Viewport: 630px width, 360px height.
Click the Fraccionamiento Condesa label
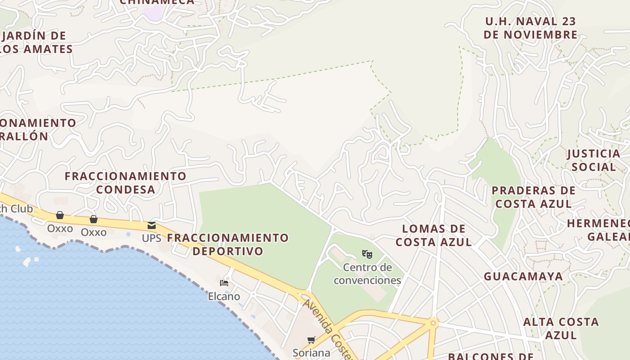(x=126, y=182)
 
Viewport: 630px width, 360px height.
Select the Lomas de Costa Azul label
(x=434, y=235)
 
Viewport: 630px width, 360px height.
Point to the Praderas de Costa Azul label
(x=534, y=197)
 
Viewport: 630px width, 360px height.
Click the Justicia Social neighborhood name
(x=594, y=160)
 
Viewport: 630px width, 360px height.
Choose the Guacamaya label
(x=523, y=276)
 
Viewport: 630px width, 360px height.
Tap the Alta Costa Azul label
(x=561, y=328)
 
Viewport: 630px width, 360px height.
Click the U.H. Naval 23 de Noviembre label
(x=531, y=28)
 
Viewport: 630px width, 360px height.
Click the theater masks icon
(x=367, y=254)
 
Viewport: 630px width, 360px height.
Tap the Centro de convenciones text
(x=367, y=274)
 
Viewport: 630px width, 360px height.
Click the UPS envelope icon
(x=152, y=225)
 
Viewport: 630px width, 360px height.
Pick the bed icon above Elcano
(x=224, y=283)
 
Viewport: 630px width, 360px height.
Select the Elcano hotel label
(x=224, y=297)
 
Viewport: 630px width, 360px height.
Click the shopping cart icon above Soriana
(x=311, y=340)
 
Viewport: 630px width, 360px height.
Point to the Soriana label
(x=311, y=352)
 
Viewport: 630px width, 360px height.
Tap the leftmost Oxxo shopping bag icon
(x=60, y=215)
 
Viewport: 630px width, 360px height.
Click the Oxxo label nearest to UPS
(x=94, y=232)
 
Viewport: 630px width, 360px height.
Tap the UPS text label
(x=152, y=238)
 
